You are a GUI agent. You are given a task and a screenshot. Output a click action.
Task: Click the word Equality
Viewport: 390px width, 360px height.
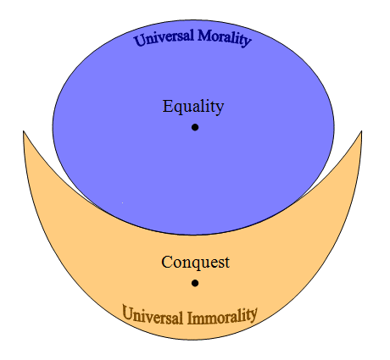click(x=193, y=107)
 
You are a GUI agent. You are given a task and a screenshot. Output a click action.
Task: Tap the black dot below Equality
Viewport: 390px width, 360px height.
click(x=195, y=127)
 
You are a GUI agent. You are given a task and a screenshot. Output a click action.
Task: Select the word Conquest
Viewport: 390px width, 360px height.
click(x=195, y=263)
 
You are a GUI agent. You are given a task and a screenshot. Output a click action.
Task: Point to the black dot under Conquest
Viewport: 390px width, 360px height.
click(x=195, y=283)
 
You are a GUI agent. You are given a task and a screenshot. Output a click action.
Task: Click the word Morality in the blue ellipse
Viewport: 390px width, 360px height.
click(x=225, y=38)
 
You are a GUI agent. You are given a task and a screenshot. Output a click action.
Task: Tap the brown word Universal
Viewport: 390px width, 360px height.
click(x=153, y=315)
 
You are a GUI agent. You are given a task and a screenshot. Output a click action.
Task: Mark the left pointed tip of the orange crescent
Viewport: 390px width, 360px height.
click(x=23, y=130)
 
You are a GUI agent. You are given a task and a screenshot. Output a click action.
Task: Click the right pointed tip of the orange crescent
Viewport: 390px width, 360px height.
click(x=361, y=131)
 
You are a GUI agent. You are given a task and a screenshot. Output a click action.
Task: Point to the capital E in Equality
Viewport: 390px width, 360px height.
click(x=167, y=106)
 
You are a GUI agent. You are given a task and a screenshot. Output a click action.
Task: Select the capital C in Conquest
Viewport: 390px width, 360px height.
click(x=166, y=262)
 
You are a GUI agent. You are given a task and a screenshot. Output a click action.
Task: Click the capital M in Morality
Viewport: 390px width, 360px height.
click(x=204, y=36)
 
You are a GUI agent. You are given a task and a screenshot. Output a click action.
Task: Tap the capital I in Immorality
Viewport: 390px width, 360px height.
click(x=190, y=318)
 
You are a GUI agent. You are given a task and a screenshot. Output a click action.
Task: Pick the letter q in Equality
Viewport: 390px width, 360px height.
click(x=177, y=108)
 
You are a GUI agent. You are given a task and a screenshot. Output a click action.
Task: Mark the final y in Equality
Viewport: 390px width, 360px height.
click(x=220, y=109)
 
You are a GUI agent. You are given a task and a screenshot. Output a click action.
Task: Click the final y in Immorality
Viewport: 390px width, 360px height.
click(x=253, y=315)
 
